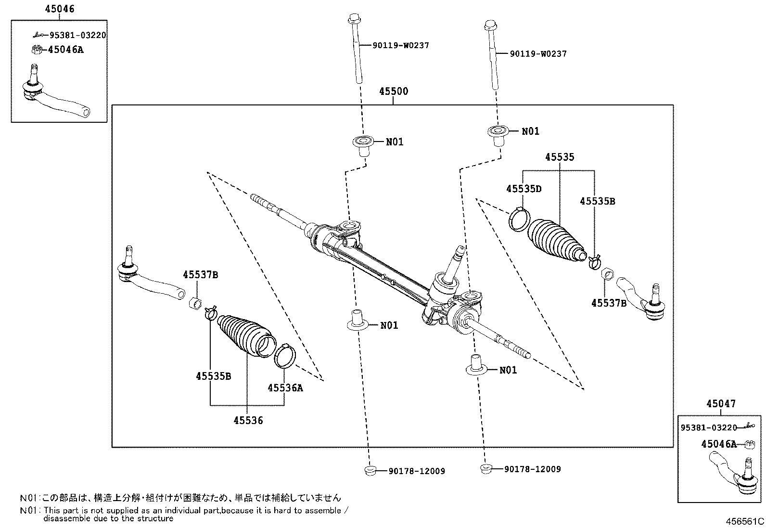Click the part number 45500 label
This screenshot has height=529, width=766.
[393, 91]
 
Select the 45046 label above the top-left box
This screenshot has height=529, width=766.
[60, 9]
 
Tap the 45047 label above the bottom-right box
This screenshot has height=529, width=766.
[721, 404]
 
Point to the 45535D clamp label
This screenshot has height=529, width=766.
[523, 189]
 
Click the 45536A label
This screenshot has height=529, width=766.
[285, 387]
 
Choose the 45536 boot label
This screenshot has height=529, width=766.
[248, 420]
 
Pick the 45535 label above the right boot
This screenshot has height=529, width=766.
[560, 157]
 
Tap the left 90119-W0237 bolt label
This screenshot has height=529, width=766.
[400, 46]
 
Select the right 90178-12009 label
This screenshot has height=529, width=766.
[532, 469]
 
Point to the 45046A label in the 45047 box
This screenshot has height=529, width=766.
[718, 444]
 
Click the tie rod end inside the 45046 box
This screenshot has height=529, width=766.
[53, 96]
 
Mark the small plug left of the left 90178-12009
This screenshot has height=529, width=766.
[370, 470]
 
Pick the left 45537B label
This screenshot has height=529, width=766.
[200, 275]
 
